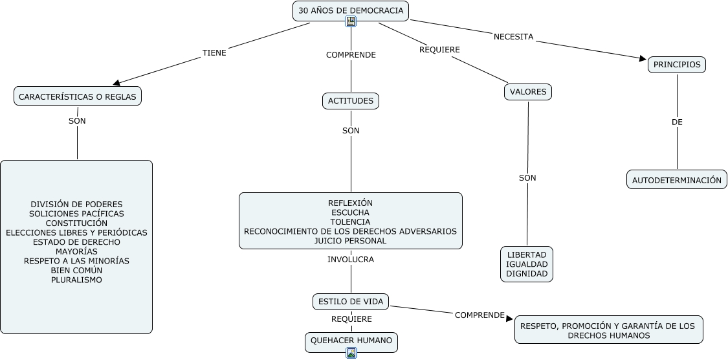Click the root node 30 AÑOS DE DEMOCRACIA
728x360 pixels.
coord(350,10)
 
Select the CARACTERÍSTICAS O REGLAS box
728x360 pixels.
coord(78,96)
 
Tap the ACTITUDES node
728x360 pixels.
coord(351,101)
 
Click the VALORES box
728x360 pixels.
coord(528,92)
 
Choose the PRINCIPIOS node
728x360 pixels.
coord(677,65)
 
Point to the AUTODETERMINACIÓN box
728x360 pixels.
coord(676,180)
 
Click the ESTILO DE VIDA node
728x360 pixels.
coord(351,301)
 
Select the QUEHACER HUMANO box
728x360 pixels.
coord(351,340)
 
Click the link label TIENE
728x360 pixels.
coord(214,53)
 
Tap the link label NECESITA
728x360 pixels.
coord(513,37)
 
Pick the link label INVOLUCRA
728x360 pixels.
coord(351,260)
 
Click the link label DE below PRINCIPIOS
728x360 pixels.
coord(677,122)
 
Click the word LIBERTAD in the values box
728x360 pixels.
coord(527,254)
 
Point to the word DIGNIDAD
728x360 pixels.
coord(527,274)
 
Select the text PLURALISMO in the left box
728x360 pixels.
coord(76,280)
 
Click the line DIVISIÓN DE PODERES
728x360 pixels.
coord(76,204)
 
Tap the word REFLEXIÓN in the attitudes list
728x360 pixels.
coord(350,203)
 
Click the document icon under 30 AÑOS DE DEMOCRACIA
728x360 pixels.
coord(351,21)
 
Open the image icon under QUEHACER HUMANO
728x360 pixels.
coord(351,353)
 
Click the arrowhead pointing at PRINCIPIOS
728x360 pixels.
coord(643,59)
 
